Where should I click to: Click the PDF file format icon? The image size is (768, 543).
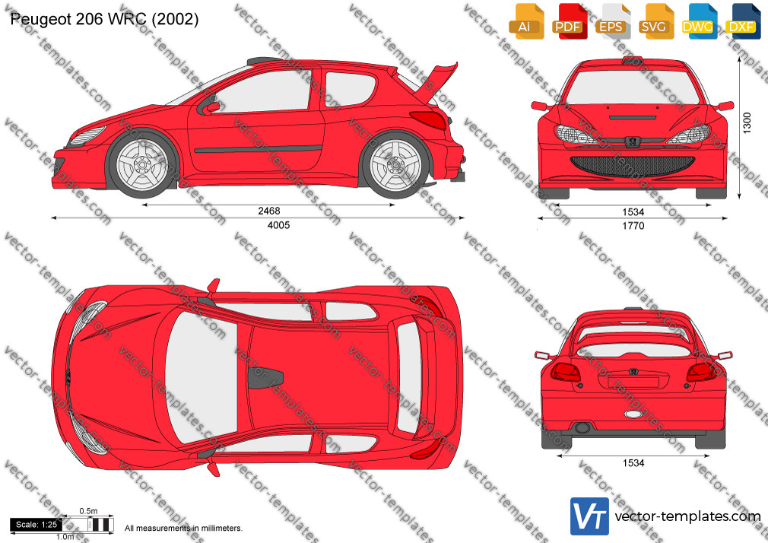click(568, 21)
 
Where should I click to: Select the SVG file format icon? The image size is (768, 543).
click(654, 21)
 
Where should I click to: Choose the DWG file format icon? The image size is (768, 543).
click(698, 21)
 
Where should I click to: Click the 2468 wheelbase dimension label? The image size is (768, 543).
click(269, 211)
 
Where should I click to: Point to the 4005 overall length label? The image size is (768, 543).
click(278, 225)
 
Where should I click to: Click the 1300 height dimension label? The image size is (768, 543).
click(747, 122)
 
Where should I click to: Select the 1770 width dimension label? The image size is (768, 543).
click(633, 226)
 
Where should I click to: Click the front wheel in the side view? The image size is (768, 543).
click(142, 164)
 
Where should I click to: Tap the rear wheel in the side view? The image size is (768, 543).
click(395, 165)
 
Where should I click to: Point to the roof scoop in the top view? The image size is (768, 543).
click(265, 377)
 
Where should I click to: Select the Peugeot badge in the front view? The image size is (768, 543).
click(633, 141)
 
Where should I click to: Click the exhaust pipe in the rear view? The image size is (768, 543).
click(582, 428)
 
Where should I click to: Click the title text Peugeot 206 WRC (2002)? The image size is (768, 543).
click(104, 19)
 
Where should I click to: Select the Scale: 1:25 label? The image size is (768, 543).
click(36, 525)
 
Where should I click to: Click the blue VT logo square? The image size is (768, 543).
click(590, 516)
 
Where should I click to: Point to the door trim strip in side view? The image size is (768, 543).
click(258, 148)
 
